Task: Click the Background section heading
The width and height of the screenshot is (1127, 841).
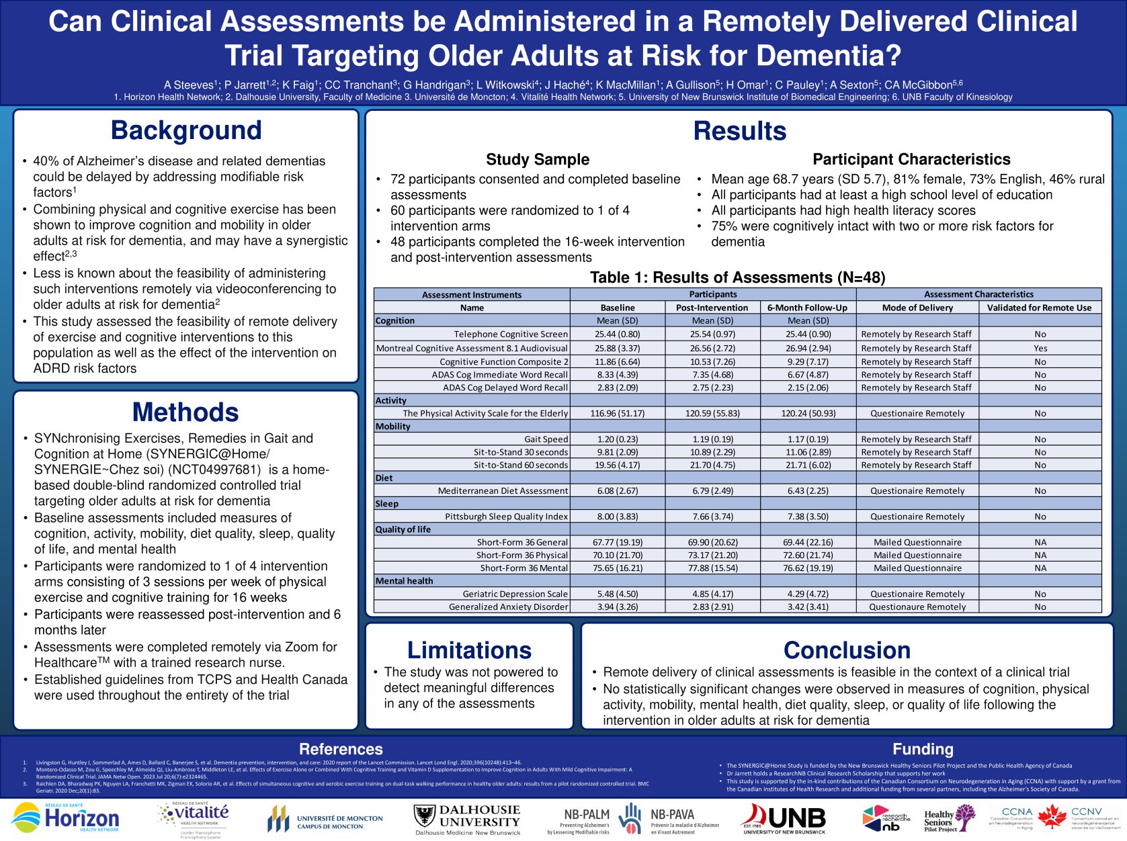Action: (186, 130)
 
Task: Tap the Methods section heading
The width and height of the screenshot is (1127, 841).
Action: (185, 412)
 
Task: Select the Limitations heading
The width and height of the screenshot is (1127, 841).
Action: (469, 650)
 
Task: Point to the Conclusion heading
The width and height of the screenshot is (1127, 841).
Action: (847, 650)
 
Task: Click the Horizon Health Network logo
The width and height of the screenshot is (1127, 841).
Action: (66, 819)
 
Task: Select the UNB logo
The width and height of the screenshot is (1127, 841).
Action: (784, 819)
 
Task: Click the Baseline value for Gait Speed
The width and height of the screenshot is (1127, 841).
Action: (618, 439)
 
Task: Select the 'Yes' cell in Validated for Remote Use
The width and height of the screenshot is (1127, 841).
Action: (1040, 348)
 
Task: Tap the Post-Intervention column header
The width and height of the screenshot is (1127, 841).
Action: (712, 308)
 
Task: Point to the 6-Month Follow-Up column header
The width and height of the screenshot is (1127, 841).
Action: (808, 308)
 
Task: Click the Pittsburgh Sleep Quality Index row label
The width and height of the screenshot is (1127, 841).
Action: (506, 517)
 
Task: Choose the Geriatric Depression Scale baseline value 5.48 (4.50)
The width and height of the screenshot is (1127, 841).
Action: (618, 594)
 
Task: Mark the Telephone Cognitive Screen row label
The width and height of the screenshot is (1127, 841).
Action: (511, 334)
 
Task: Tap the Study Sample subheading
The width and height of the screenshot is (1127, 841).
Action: (538, 159)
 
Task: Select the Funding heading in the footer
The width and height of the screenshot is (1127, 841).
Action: (923, 749)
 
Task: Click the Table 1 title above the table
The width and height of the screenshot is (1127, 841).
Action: (737, 277)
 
